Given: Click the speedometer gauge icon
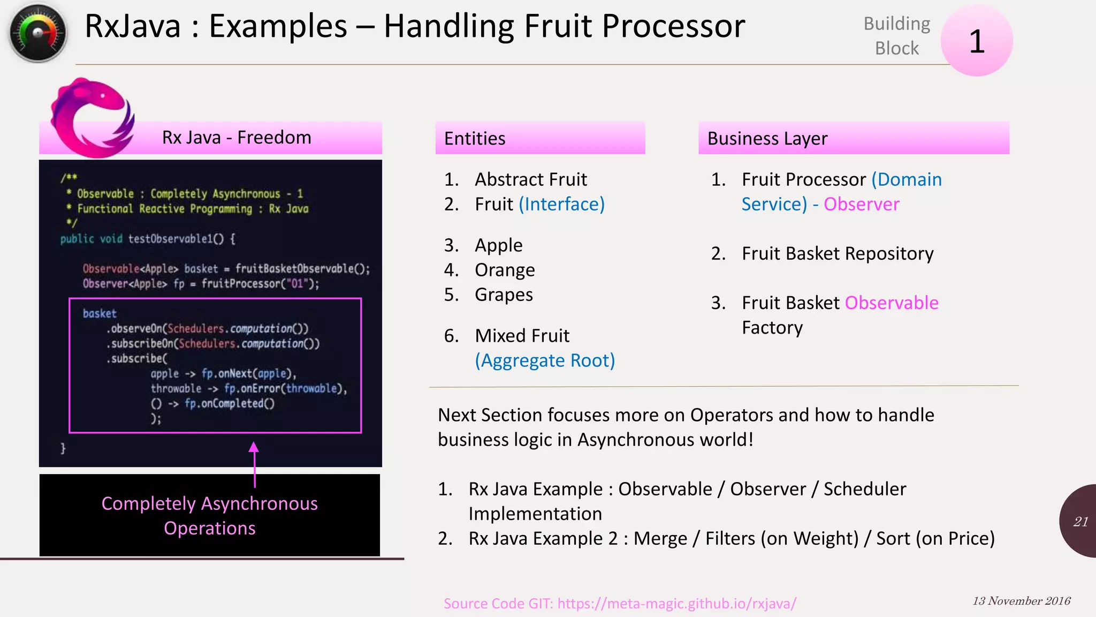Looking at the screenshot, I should (x=37, y=33).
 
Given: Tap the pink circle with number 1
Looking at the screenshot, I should (x=976, y=41).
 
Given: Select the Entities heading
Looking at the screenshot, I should (x=475, y=139).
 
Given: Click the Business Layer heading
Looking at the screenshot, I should (x=767, y=139).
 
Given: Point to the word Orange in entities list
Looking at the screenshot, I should (x=505, y=270).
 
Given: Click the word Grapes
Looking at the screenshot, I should (x=504, y=295).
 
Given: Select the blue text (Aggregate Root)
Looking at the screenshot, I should (x=545, y=360).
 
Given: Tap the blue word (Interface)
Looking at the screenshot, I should (x=561, y=204).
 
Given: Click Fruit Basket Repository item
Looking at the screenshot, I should (x=837, y=253).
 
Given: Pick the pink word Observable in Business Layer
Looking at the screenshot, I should (x=891, y=303).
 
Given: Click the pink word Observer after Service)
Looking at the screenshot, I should (x=861, y=204).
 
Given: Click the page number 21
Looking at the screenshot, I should (x=1080, y=522).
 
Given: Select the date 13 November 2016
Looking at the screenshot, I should (x=1021, y=601).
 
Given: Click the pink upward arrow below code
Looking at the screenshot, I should (x=254, y=464).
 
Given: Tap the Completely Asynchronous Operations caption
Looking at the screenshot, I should (x=209, y=515).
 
